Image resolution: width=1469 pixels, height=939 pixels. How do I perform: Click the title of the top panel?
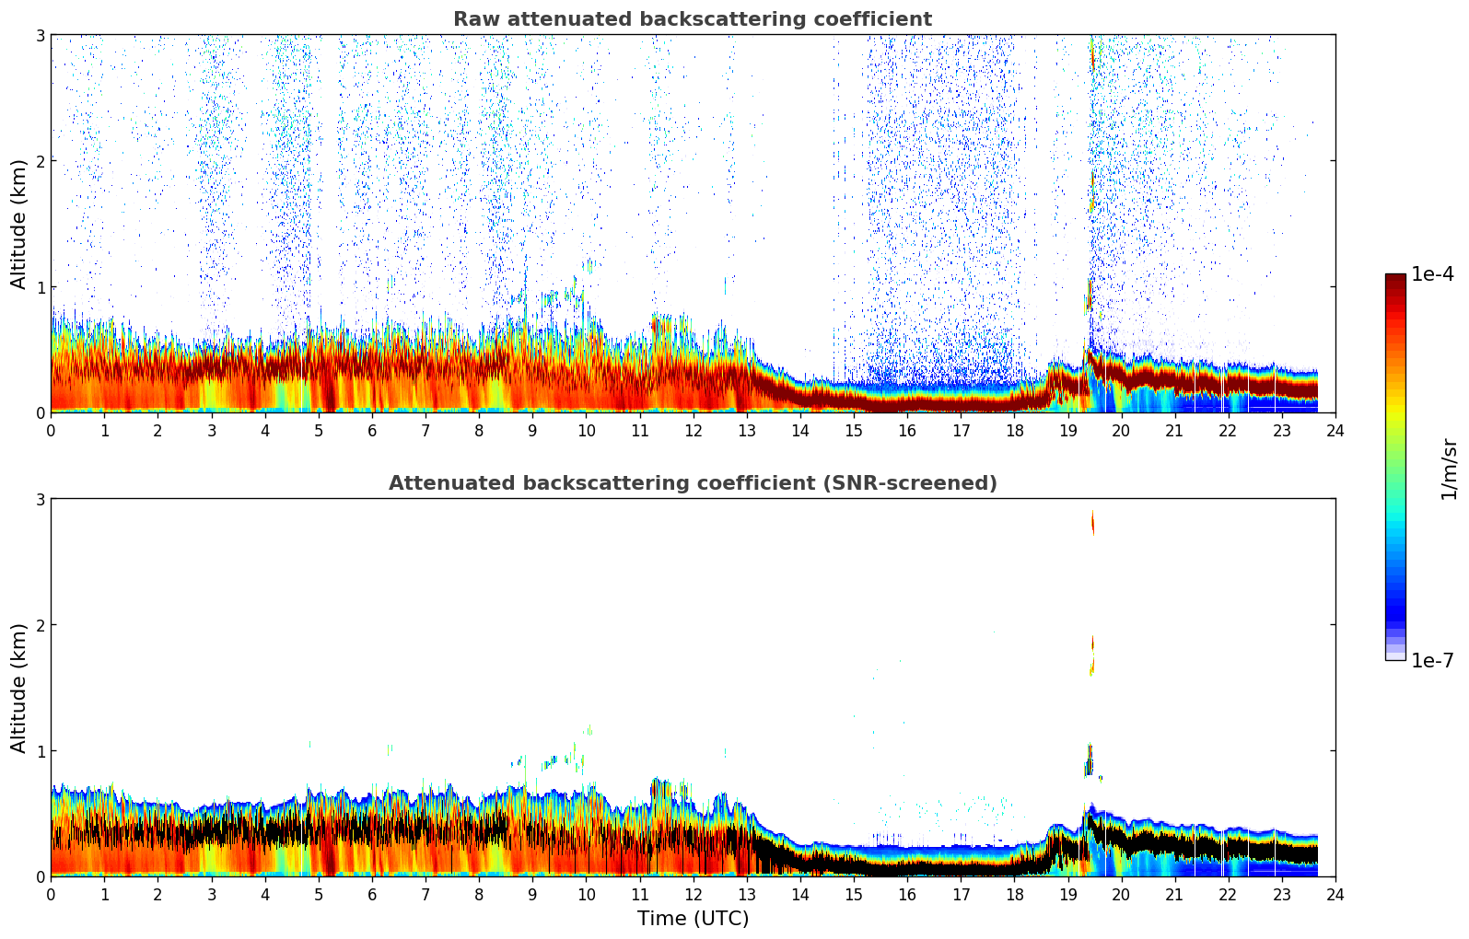point(692,19)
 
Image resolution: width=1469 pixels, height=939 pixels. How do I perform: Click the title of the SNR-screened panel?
point(692,483)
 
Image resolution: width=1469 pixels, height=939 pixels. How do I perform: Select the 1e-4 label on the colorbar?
point(1432,274)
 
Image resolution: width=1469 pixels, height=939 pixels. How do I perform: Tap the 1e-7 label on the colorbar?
point(1432,660)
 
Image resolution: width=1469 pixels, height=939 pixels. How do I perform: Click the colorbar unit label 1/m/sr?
point(1449,469)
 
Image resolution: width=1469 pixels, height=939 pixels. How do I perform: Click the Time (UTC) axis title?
point(693,919)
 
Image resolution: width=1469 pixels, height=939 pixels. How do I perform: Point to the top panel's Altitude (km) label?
point(19,224)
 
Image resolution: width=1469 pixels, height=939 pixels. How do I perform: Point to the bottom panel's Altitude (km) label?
point(19,688)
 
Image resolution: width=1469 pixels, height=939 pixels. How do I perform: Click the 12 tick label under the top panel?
point(693,431)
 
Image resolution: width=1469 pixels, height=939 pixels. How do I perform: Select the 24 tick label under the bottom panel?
point(1335,895)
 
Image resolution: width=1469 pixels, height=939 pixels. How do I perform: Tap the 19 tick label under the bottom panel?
point(1067,895)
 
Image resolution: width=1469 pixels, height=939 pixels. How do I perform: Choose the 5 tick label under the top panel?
point(319,431)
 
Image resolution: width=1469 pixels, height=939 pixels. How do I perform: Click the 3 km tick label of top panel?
point(40,35)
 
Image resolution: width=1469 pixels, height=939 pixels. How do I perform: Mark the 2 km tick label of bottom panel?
point(40,625)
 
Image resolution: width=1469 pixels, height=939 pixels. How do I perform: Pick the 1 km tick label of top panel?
point(40,287)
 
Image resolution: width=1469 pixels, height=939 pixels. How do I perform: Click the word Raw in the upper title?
point(472,19)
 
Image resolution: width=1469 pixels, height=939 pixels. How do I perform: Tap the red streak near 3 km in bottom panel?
point(1093,521)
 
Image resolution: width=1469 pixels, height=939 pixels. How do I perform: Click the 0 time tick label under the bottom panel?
point(51,895)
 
